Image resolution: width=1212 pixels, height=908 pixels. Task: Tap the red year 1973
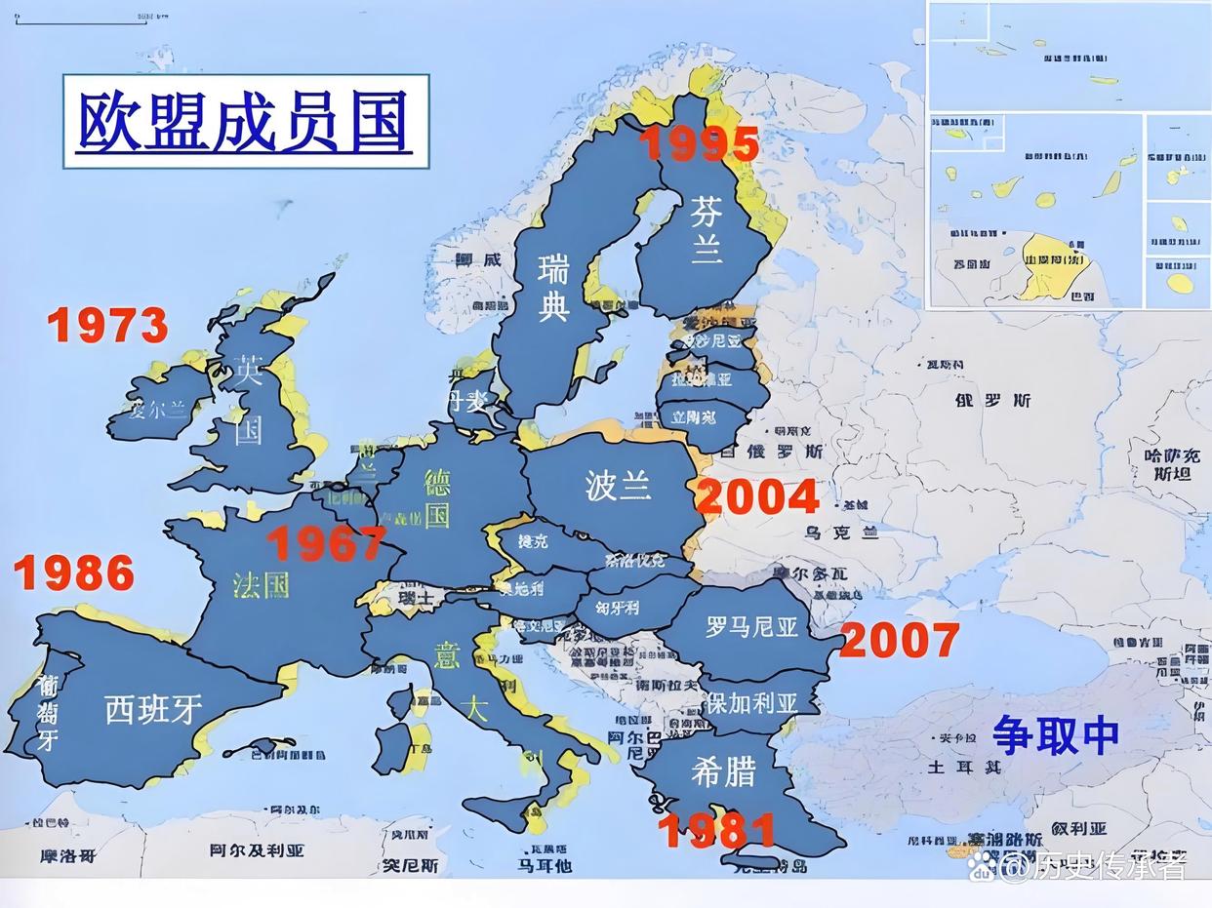[107, 326]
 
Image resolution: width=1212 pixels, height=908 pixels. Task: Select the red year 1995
[699, 144]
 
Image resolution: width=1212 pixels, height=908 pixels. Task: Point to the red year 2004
[757, 497]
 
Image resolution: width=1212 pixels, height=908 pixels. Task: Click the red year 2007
[899, 641]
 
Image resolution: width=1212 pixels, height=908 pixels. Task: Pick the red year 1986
[74, 573]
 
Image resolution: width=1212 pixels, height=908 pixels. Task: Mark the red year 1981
[716, 831]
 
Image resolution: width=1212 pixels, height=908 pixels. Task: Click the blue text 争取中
[1055, 734]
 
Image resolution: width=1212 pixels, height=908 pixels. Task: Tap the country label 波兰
[618, 485]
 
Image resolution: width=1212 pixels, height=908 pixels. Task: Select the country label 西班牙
[154, 709]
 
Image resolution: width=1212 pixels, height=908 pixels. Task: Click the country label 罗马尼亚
[751, 626]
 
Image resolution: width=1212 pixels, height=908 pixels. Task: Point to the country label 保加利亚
[751, 702]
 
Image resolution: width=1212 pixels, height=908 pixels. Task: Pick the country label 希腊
[723, 771]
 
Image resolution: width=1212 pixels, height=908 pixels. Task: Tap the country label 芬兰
[707, 230]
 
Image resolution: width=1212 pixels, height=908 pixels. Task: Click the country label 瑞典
[553, 287]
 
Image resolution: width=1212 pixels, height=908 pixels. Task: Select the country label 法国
[261, 584]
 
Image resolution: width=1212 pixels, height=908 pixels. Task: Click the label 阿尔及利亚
[257, 850]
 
